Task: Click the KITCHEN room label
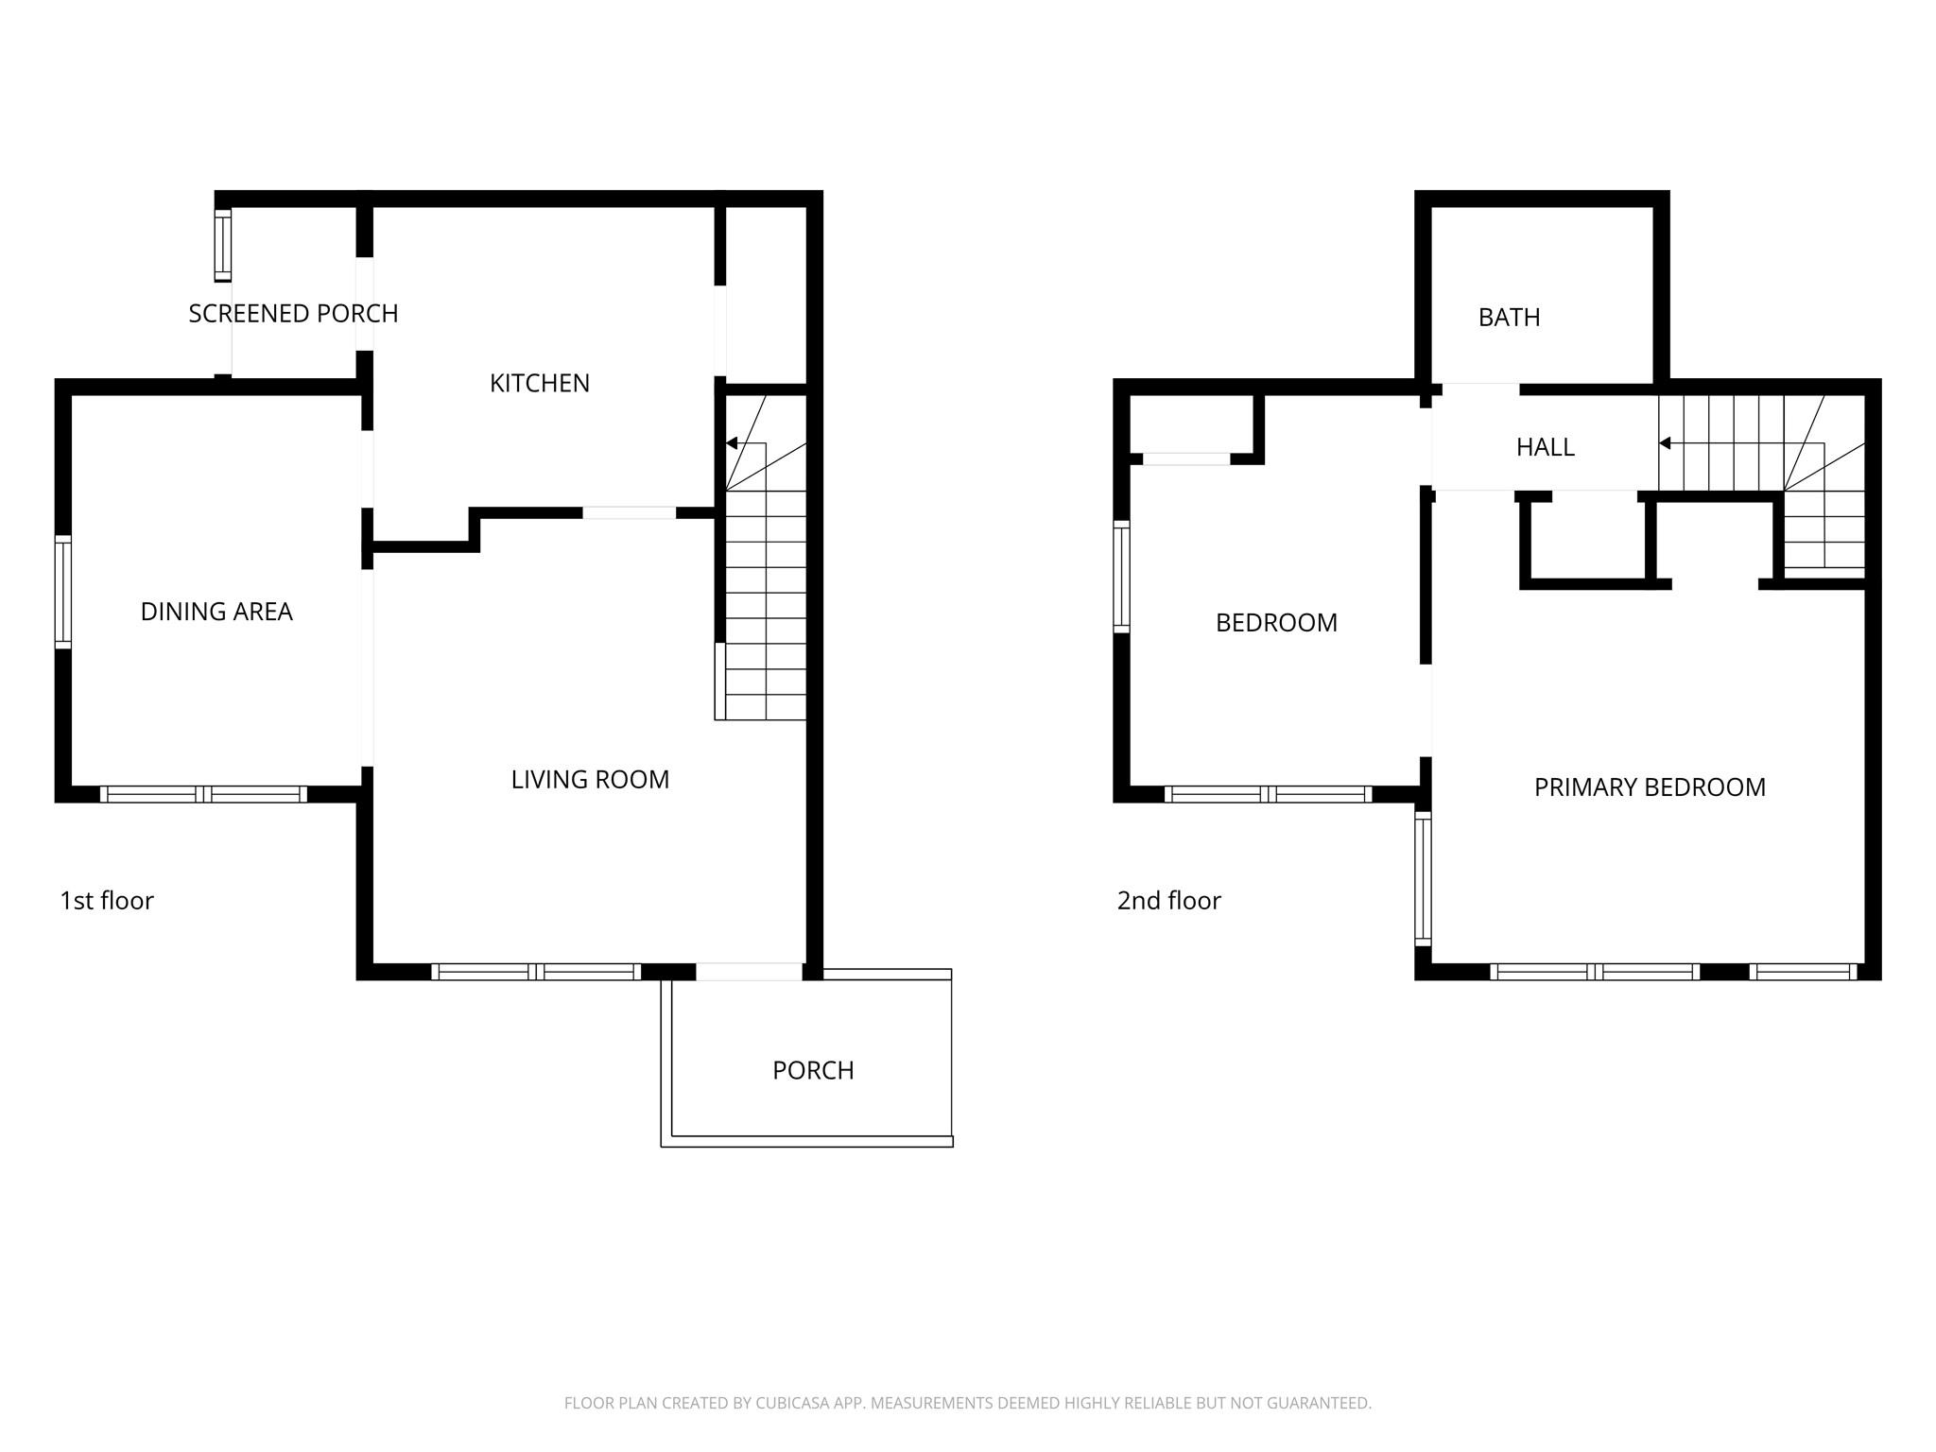[x=539, y=383]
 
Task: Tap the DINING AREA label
[x=216, y=612]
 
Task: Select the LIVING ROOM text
[x=590, y=779]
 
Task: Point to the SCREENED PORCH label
[x=293, y=313]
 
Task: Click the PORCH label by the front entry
[x=813, y=1070]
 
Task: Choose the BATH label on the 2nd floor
[x=1509, y=318]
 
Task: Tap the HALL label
[x=1545, y=447]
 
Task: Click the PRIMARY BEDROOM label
[x=1650, y=787]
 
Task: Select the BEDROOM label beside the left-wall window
[x=1276, y=623]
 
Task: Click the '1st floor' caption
[x=107, y=901]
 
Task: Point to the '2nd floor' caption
[x=1168, y=901]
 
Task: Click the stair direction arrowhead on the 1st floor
[x=732, y=443]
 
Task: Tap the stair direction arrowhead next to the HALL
[x=1665, y=443]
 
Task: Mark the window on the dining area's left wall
[x=63, y=592]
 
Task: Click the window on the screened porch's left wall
[x=223, y=246]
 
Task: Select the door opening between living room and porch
[x=749, y=971]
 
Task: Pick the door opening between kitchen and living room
[x=629, y=513]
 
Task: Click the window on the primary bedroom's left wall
[x=1423, y=878]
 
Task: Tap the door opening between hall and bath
[x=1480, y=389]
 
